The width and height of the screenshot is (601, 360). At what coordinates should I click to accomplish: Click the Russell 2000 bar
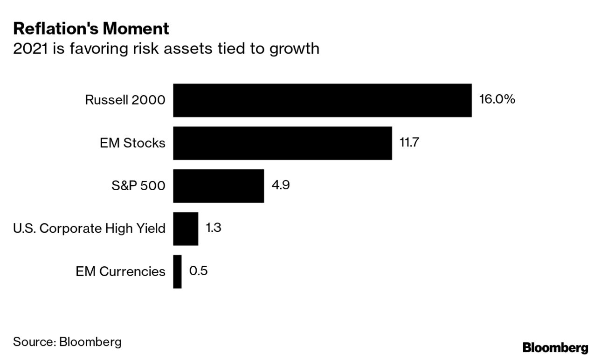pos(322,100)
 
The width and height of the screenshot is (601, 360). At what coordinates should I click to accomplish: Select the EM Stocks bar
pos(282,143)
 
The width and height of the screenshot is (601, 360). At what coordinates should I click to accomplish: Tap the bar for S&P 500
pos(218,186)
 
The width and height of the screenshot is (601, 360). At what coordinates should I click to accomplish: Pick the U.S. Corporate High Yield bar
pos(186,228)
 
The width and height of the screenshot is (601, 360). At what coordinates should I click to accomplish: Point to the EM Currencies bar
pos(177,271)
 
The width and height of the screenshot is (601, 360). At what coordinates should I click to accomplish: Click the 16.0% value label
pos(497,99)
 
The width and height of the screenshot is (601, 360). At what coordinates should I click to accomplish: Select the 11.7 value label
pos(409,142)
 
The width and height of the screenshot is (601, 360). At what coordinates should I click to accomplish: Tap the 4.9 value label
pos(281,185)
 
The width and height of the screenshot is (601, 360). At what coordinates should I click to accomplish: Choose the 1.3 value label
pos(214,228)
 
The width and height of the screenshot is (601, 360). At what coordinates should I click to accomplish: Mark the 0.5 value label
pos(198,271)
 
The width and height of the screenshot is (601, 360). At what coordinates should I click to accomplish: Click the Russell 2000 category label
pos(125,100)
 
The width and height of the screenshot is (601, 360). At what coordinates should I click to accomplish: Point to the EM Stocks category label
pos(132,143)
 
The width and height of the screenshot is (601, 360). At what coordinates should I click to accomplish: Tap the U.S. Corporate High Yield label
pos(90,228)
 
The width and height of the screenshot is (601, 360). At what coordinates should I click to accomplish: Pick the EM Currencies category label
pos(120,271)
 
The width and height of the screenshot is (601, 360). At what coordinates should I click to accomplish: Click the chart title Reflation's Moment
pos(91,29)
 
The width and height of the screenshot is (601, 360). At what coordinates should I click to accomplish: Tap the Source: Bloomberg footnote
pos(67,342)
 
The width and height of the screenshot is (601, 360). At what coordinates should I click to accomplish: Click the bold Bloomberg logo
pos(555,348)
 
